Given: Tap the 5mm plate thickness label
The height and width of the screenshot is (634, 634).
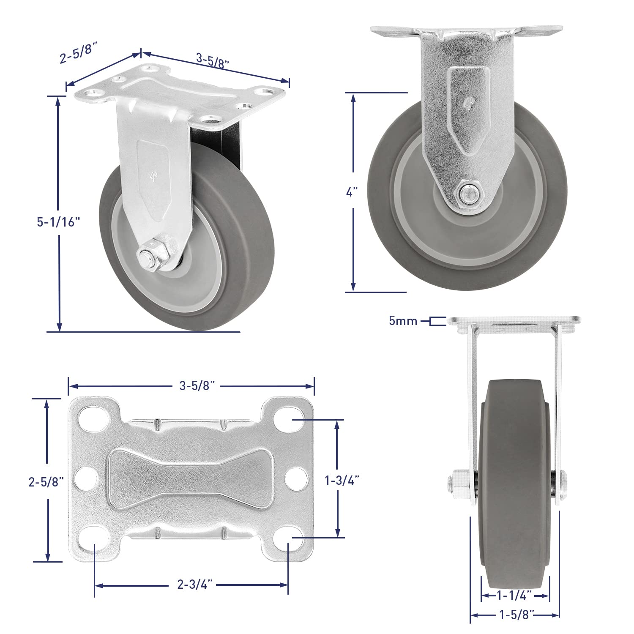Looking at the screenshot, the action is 403,321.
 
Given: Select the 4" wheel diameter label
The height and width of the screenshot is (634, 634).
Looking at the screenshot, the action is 352,192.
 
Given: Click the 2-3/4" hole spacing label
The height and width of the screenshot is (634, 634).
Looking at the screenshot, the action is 195,585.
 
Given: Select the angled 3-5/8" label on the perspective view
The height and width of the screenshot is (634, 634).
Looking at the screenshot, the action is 213,60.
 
